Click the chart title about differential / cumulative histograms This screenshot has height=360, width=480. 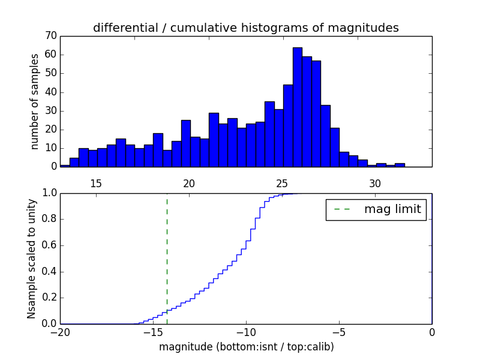click(x=246, y=28)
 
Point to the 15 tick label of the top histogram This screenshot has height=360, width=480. click(x=96, y=183)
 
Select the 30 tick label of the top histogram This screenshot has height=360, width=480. click(x=375, y=183)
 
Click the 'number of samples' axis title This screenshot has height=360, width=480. click(x=35, y=101)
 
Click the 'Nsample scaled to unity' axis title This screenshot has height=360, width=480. click(x=31, y=258)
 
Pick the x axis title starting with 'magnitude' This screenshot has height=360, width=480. click(x=246, y=347)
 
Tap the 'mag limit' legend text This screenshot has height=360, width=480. click(x=392, y=209)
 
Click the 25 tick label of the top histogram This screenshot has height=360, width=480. click(x=282, y=183)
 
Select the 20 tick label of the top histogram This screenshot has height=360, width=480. click(x=189, y=183)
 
